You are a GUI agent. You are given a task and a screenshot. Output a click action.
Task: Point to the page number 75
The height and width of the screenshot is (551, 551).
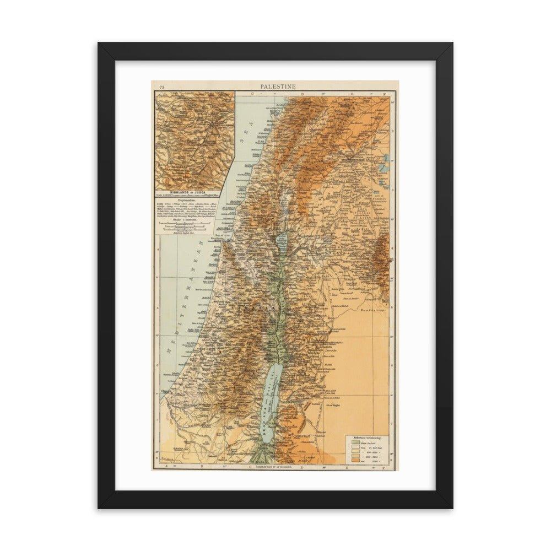pyautogui.click(x=161, y=87)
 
